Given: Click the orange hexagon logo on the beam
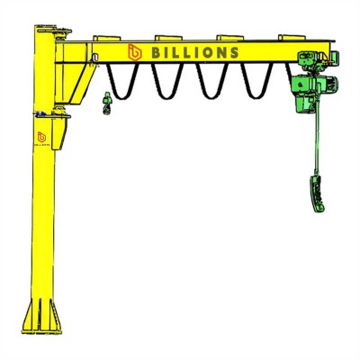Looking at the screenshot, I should [x=135, y=52].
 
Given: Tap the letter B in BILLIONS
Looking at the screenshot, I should [x=157, y=53].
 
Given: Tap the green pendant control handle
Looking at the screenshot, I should [x=316, y=193].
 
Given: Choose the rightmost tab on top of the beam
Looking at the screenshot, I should [x=292, y=38].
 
